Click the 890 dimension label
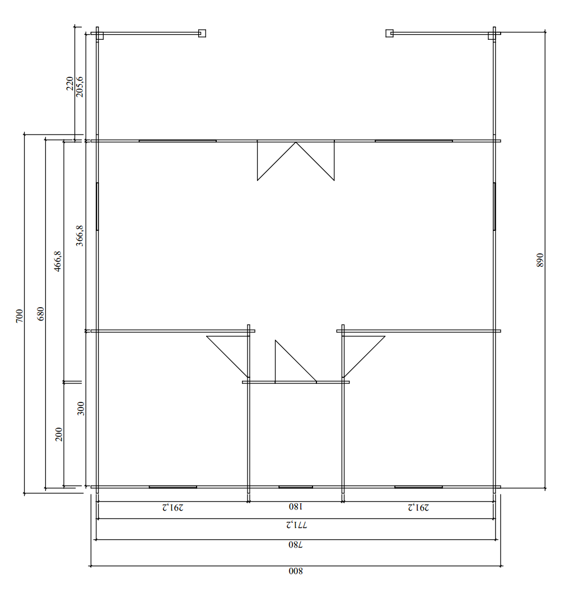point(540,260)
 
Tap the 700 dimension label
point(19,316)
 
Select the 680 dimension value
point(40,313)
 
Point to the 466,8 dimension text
point(58,261)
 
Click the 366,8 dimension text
point(80,235)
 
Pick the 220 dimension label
point(70,83)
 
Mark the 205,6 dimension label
point(80,87)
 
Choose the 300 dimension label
point(81,409)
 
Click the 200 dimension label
point(59,434)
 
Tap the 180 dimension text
point(296,506)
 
